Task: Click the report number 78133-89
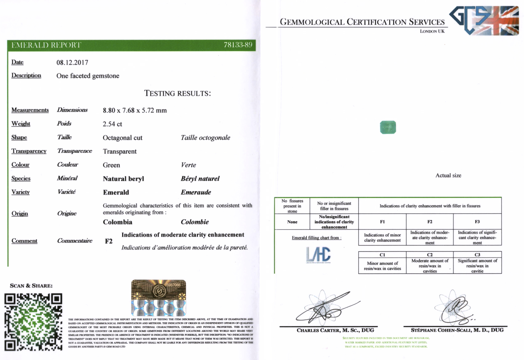(238, 45)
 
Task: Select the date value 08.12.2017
(72, 63)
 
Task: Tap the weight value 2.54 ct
(112, 124)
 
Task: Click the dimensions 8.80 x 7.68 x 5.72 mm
(135, 110)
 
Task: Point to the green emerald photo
(388, 127)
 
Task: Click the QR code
(33, 322)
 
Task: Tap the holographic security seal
(159, 297)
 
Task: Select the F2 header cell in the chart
(430, 222)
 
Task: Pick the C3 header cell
(477, 255)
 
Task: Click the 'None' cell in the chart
(292, 222)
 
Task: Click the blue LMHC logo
(318, 255)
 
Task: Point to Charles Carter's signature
(327, 308)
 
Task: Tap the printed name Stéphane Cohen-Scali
(457, 330)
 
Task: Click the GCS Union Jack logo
(484, 20)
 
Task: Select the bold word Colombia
(117, 222)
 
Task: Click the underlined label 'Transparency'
(29, 151)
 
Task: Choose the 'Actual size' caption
(448, 176)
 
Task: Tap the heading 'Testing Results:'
(177, 93)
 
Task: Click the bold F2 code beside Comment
(108, 241)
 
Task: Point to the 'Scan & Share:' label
(31, 285)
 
